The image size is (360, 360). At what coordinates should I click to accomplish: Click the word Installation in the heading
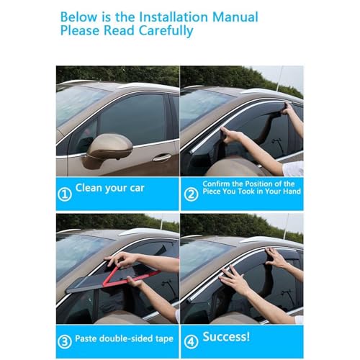[174, 17]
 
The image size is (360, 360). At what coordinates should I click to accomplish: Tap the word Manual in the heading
[235, 17]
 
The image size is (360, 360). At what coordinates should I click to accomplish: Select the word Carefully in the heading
[166, 31]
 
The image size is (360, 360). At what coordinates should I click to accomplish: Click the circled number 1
[65, 194]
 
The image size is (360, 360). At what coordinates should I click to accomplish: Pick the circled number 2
[191, 194]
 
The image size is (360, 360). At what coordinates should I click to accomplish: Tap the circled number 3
[65, 342]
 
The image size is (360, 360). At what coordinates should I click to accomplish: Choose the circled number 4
[191, 342]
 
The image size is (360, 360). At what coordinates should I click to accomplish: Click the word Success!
[226, 336]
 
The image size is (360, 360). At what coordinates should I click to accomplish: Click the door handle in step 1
[162, 158]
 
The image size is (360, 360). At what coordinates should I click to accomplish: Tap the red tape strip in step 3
[127, 276]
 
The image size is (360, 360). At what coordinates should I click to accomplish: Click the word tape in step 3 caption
[164, 338]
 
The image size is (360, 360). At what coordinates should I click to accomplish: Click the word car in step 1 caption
[137, 189]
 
